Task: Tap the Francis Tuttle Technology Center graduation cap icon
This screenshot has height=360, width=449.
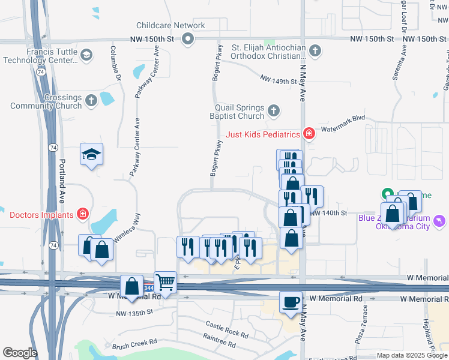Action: coord(87,56)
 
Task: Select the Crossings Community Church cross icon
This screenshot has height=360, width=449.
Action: coord(91,100)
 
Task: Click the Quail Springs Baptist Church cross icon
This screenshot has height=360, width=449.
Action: coord(273,110)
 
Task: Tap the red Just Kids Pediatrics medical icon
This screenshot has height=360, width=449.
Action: coord(309,133)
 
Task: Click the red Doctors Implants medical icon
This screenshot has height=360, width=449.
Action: coord(82,214)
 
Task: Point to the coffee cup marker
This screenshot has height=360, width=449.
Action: coord(291,302)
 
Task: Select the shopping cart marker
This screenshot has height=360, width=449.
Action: coord(166,282)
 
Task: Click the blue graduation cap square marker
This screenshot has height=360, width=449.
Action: coord(92,155)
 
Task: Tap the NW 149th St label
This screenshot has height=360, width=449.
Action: coord(278,79)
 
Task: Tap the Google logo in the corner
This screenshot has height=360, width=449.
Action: coord(20,353)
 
